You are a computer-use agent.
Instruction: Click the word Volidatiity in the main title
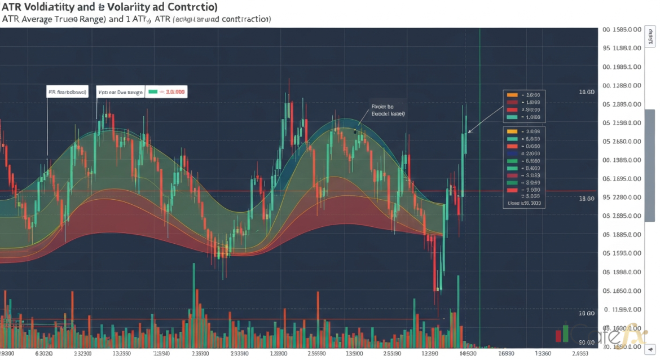tap(46, 7)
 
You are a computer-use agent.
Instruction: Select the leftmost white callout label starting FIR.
tap(68, 91)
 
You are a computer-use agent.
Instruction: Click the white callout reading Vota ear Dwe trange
tap(120, 91)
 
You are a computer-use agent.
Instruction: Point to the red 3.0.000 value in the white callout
tap(173, 91)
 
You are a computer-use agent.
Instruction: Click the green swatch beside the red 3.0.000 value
tap(153, 91)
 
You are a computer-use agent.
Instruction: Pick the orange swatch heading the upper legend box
tap(512, 95)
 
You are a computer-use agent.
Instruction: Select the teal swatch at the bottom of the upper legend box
tap(512, 117)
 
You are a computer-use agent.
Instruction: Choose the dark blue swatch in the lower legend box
tap(512, 153)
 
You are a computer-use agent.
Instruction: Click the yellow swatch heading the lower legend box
tap(512, 131)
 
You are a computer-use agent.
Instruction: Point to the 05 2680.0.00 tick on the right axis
tap(622, 141)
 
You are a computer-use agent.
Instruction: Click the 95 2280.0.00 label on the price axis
tap(622, 197)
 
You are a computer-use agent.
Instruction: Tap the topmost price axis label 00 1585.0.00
tap(622, 29)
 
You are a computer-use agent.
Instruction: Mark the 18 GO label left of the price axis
tap(587, 199)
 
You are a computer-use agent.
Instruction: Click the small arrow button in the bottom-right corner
tap(651, 350)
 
